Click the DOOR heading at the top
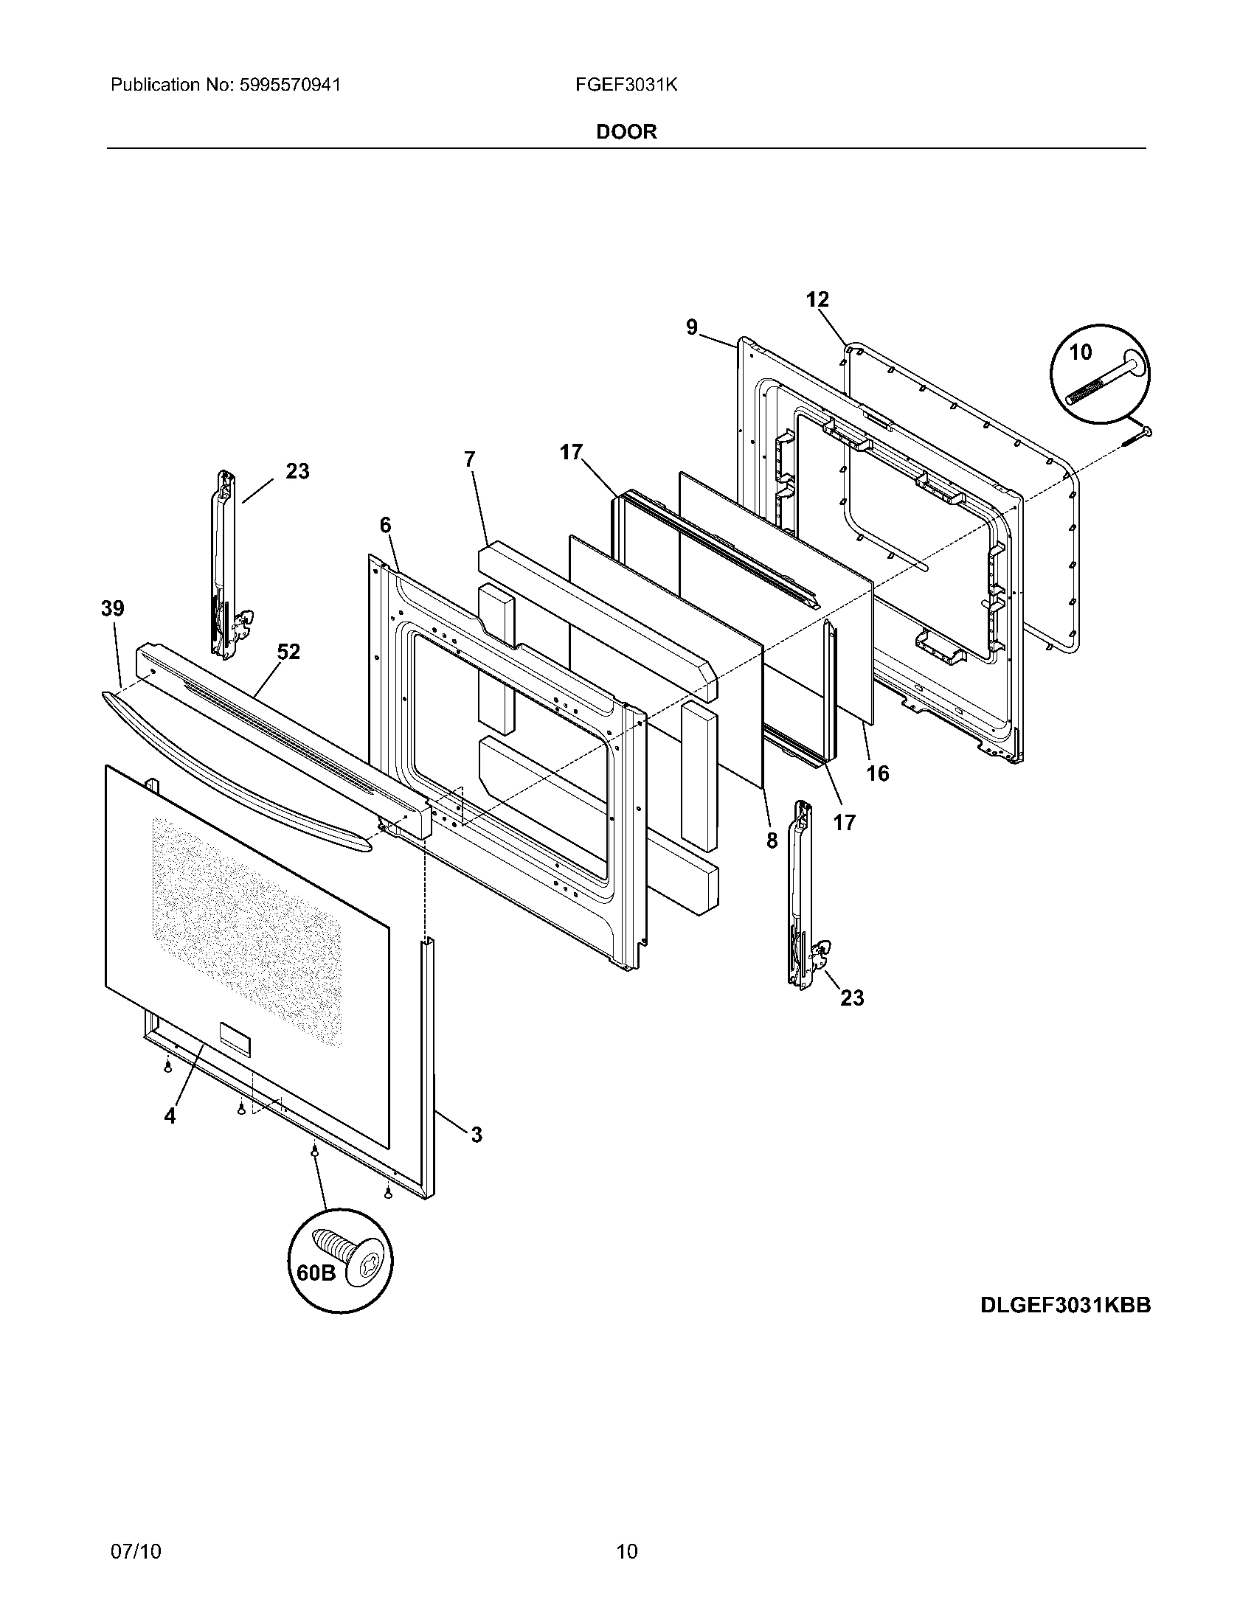626,132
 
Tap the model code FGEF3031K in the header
626,85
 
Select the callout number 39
113,608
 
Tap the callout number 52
288,651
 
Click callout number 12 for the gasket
817,299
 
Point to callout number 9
692,327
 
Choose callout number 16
877,773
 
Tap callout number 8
772,840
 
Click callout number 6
385,525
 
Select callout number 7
469,459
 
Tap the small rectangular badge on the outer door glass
234,1037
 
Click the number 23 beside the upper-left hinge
297,471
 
